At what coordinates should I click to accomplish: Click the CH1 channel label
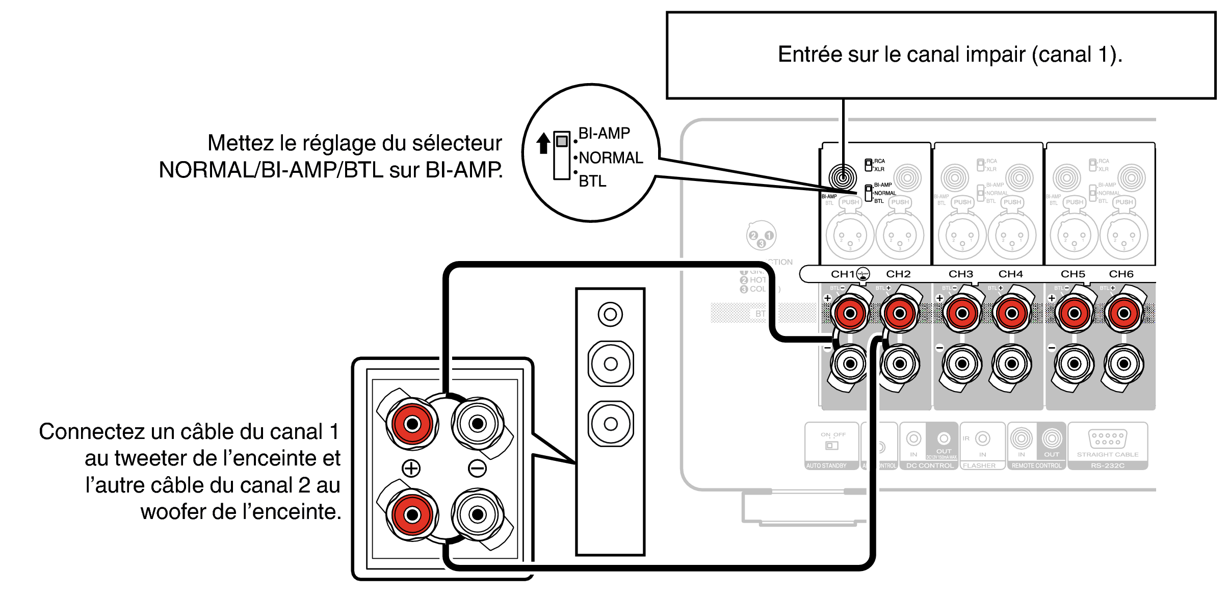(843, 274)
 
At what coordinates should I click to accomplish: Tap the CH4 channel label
(1010, 274)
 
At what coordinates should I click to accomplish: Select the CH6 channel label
(1121, 274)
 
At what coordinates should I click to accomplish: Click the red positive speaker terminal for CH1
(850, 313)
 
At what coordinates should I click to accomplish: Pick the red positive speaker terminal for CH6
(1124, 313)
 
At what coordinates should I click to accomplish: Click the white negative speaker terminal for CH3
(962, 364)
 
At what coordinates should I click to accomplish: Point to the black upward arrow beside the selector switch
(543, 143)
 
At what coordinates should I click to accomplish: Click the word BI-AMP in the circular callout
(604, 134)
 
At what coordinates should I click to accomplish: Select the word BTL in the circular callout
(592, 182)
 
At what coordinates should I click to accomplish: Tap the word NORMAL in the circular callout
(611, 158)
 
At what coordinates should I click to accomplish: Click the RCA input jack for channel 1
(843, 177)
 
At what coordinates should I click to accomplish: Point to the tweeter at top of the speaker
(610, 314)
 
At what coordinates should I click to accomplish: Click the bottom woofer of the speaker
(611, 424)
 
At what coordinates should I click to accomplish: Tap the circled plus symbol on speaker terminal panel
(411, 468)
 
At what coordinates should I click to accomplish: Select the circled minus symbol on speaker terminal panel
(477, 468)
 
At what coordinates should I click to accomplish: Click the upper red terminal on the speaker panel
(412, 424)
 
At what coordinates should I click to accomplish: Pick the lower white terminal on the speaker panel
(478, 515)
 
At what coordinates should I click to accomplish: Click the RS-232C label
(1107, 465)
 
